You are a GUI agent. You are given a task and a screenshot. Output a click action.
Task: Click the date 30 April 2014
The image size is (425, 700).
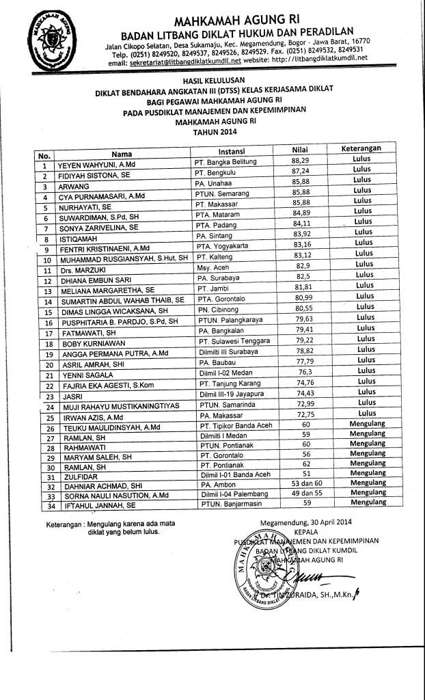click(325, 522)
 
